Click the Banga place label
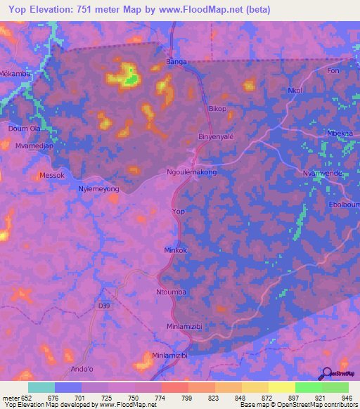pyautogui.click(x=175, y=62)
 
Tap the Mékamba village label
pyautogui.click(x=15, y=72)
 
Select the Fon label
pyautogui.click(x=333, y=71)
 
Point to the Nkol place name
pyautogui.click(x=295, y=90)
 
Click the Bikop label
pyautogui.click(x=218, y=109)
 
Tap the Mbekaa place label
pyautogui.click(x=340, y=134)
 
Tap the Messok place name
pyautogui.click(x=52, y=175)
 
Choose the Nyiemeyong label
pyautogui.click(x=98, y=190)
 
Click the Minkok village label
pyautogui.click(x=176, y=249)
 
